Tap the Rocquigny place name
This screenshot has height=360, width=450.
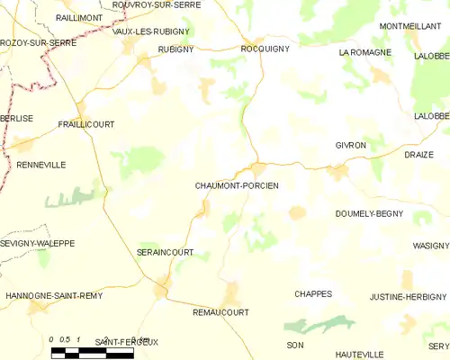pyautogui.click(x=265, y=49)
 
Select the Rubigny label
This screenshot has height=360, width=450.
pyautogui.click(x=175, y=49)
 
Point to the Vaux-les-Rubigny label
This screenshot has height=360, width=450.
pyautogui.click(x=149, y=31)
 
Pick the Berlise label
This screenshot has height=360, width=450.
pyautogui.click(x=17, y=119)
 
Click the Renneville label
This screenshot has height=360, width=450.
pyautogui.click(x=40, y=165)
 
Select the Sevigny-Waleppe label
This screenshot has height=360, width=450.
pyautogui.click(x=38, y=244)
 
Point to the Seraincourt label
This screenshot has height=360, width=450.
pyautogui.click(x=165, y=253)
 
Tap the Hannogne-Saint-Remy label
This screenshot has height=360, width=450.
pyautogui.click(x=53, y=295)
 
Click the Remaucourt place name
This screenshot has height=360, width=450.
pyautogui.click(x=220, y=311)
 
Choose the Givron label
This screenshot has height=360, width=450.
pyautogui.click(x=350, y=145)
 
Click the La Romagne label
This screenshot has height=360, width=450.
pyautogui.click(x=365, y=53)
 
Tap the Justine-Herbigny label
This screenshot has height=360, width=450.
pyautogui.click(x=407, y=296)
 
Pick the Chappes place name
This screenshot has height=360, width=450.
pyautogui.click(x=313, y=294)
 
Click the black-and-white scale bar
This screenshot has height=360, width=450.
pyautogui.click(x=92, y=352)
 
